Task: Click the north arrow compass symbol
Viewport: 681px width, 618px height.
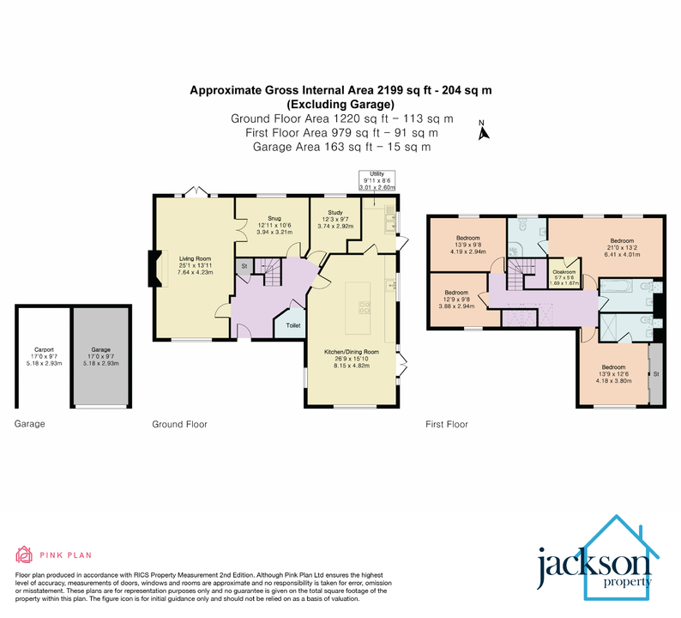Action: (483, 131)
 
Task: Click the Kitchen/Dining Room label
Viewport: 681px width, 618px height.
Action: (351, 353)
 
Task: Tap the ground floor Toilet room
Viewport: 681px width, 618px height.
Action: (292, 326)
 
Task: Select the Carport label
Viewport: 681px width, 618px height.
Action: (44, 350)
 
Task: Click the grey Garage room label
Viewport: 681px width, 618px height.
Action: (101, 350)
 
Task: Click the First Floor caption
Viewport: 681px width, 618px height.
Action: (447, 424)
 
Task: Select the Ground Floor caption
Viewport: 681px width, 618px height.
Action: (179, 424)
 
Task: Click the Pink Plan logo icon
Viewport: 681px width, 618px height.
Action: (24, 554)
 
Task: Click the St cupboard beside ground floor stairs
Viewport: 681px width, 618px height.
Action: (244, 267)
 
